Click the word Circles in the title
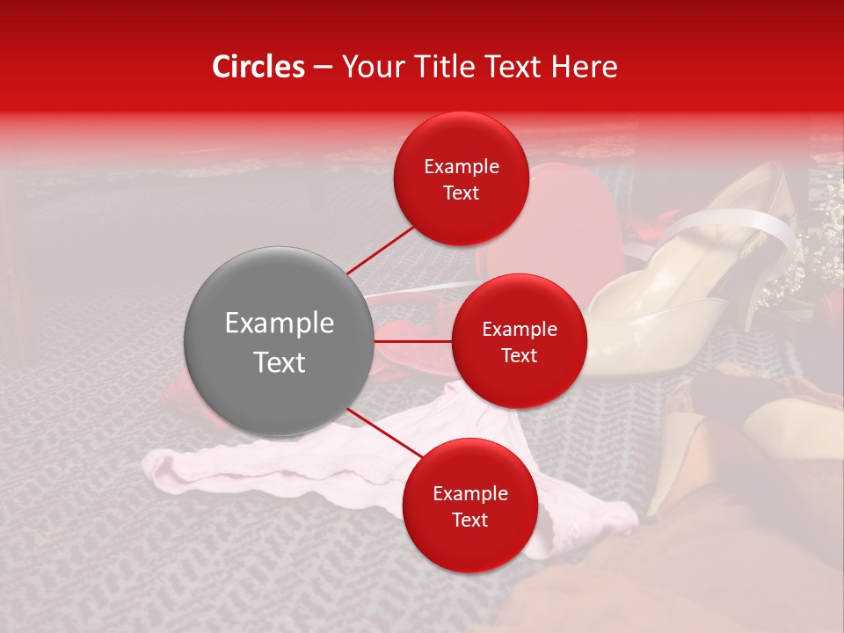click(258, 67)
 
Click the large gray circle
click(279, 341)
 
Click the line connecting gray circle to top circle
click(380, 251)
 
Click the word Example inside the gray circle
click(279, 324)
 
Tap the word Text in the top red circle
click(461, 193)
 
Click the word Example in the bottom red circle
click(469, 494)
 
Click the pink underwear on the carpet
click(229, 466)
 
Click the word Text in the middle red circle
click(519, 355)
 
